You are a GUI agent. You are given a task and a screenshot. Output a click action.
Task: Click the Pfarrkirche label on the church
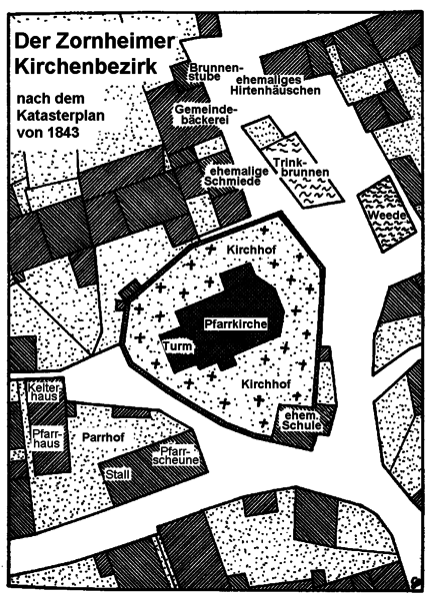coord(235,323)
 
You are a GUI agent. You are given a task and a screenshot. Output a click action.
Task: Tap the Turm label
coord(178,346)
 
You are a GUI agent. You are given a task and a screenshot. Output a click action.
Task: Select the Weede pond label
coord(387,215)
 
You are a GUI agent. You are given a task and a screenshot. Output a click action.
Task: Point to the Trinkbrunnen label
coord(301,168)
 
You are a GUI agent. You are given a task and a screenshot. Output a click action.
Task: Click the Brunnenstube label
coord(214,72)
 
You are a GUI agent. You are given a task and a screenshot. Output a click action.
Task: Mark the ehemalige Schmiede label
coord(235,176)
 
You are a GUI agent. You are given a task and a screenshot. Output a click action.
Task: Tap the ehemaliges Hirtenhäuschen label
coord(275,85)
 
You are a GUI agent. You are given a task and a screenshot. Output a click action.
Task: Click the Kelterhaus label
coord(44,392)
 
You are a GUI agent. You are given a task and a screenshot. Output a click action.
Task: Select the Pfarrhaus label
coord(46,438)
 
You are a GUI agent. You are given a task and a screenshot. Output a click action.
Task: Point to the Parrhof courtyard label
coord(103,436)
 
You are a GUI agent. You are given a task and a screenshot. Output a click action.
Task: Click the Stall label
coord(117,475)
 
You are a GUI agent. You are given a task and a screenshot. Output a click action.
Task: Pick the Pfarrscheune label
coord(176,455)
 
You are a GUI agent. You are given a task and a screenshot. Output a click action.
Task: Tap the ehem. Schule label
coord(301,420)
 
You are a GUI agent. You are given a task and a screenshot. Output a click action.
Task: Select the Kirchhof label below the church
coord(266,384)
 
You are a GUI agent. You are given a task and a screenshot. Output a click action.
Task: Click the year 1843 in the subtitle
coord(64,132)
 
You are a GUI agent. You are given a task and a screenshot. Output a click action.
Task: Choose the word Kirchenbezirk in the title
coord(86,67)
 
